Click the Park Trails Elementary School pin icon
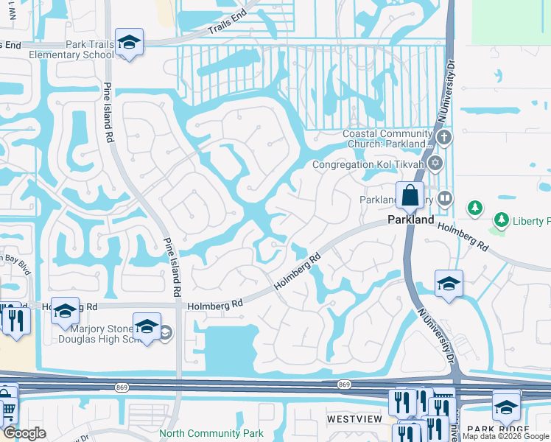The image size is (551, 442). point(129,43)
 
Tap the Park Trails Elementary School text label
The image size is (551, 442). point(71,49)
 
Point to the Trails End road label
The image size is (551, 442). point(226,28)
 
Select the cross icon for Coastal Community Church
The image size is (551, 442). point(443,138)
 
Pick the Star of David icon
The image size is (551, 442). point(435,163)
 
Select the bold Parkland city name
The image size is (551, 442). point(410,220)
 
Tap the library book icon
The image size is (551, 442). point(444,198)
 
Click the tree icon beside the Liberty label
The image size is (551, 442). point(475,207)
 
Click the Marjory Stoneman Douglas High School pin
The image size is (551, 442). point(147,326)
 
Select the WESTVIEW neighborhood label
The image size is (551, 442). point(354,418)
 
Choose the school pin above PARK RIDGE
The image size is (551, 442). point(506,406)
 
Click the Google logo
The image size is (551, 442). point(24,433)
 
